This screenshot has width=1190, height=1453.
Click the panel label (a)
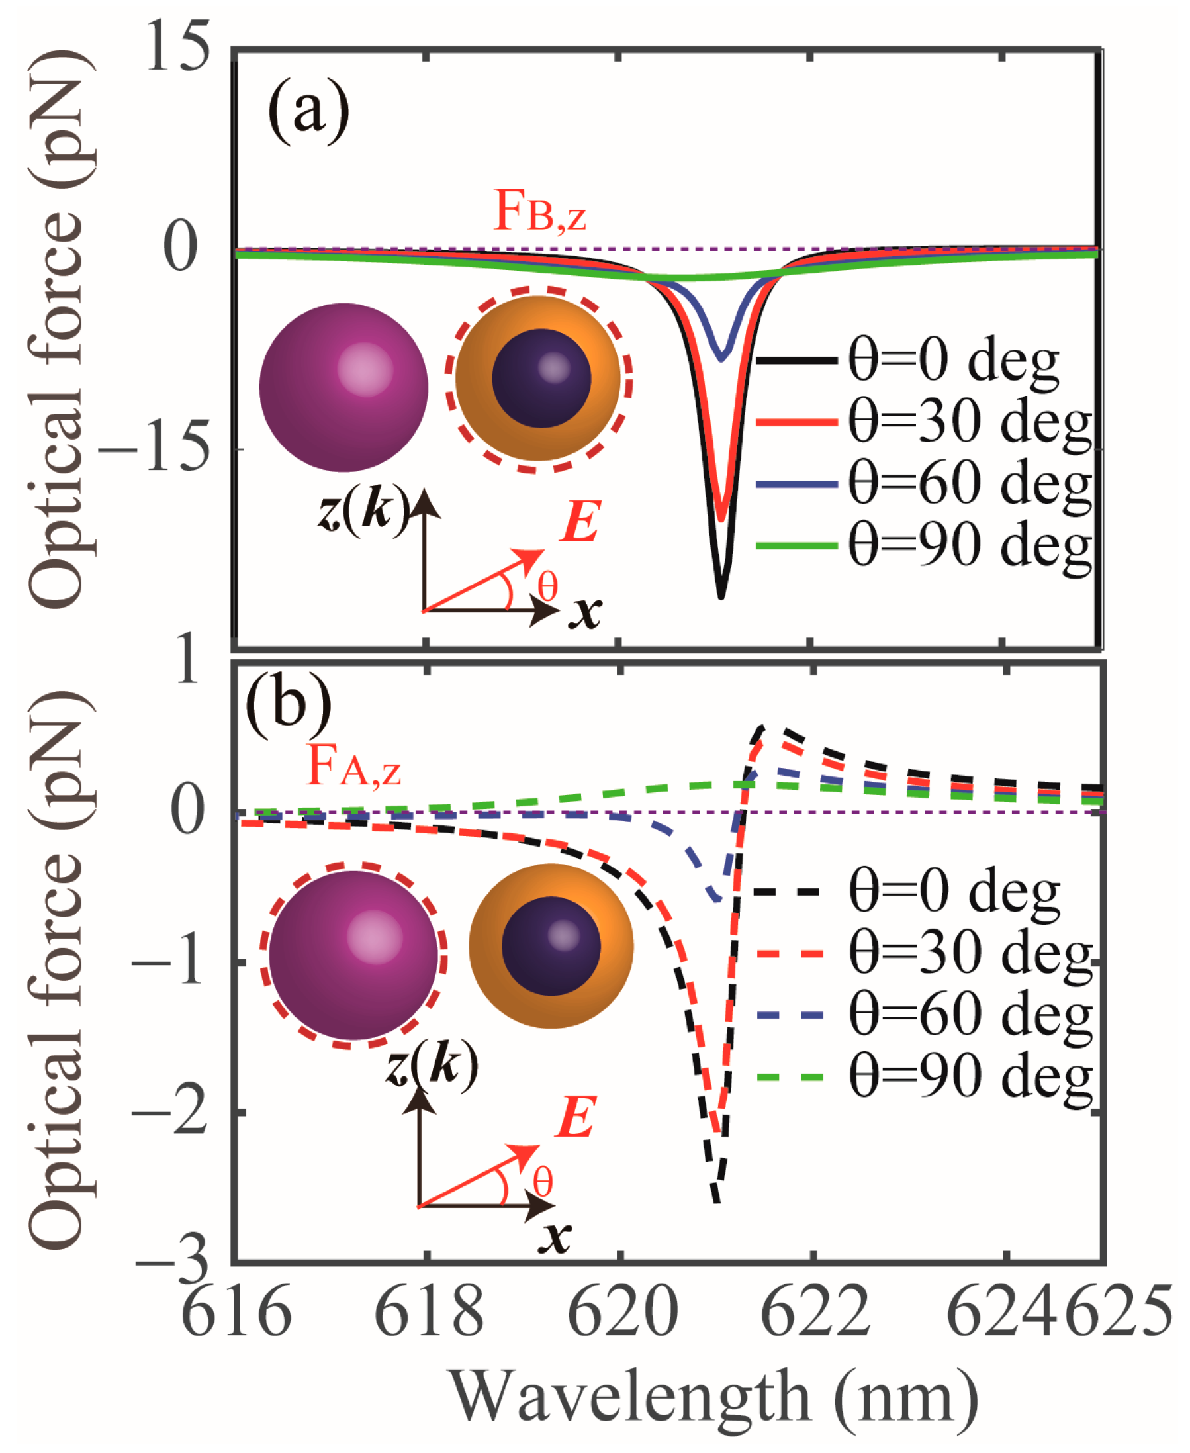(x=308, y=110)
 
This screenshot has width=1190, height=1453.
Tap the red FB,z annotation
(x=539, y=211)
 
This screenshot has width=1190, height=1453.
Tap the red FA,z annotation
(x=353, y=767)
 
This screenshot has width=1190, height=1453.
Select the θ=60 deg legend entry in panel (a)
(x=922, y=483)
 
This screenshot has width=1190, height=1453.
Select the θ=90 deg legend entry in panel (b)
(x=922, y=1077)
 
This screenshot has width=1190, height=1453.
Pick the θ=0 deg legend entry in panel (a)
(x=908, y=360)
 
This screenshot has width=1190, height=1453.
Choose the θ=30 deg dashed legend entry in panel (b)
(x=922, y=954)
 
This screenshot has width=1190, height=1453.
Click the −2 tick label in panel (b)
(x=169, y=1113)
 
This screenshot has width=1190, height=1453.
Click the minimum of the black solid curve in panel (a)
(x=721, y=596)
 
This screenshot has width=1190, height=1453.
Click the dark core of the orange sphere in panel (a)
(x=541, y=379)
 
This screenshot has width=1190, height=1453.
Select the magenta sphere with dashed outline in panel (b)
(x=353, y=955)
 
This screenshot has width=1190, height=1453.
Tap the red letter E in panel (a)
(x=580, y=521)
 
